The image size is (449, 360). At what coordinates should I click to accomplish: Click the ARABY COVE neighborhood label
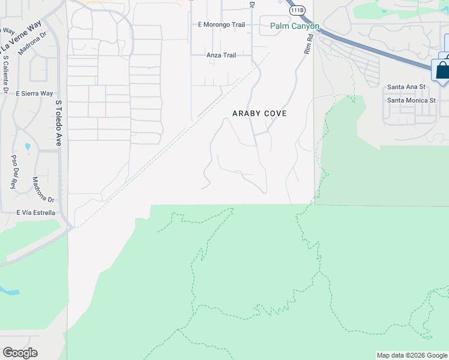pyautogui.click(x=259, y=113)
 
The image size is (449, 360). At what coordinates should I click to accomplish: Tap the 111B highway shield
pyautogui.click(x=297, y=11)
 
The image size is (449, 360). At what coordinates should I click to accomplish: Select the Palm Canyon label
pyautogui.click(x=294, y=26)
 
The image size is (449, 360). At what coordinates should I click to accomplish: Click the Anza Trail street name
pyautogui.click(x=221, y=55)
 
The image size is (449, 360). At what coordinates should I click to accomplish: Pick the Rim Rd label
pyautogui.click(x=308, y=44)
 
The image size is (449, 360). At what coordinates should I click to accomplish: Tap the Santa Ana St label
pyautogui.click(x=406, y=87)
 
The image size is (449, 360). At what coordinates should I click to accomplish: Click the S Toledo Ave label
pyautogui.click(x=59, y=123)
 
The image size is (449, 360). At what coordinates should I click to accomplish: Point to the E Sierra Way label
pyautogui.click(x=34, y=94)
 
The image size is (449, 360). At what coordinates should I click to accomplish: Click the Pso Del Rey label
pyautogui.click(x=13, y=172)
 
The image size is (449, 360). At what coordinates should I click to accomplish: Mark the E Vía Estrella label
pyautogui.click(x=36, y=212)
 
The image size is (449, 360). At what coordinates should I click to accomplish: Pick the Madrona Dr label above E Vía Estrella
pyautogui.click(x=44, y=190)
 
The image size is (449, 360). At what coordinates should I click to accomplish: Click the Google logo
pyautogui.click(x=20, y=353)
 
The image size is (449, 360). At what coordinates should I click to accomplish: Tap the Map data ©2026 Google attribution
pyautogui.click(x=412, y=355)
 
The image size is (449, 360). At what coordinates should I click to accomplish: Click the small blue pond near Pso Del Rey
pyautogui.click(x=28, y=146)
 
